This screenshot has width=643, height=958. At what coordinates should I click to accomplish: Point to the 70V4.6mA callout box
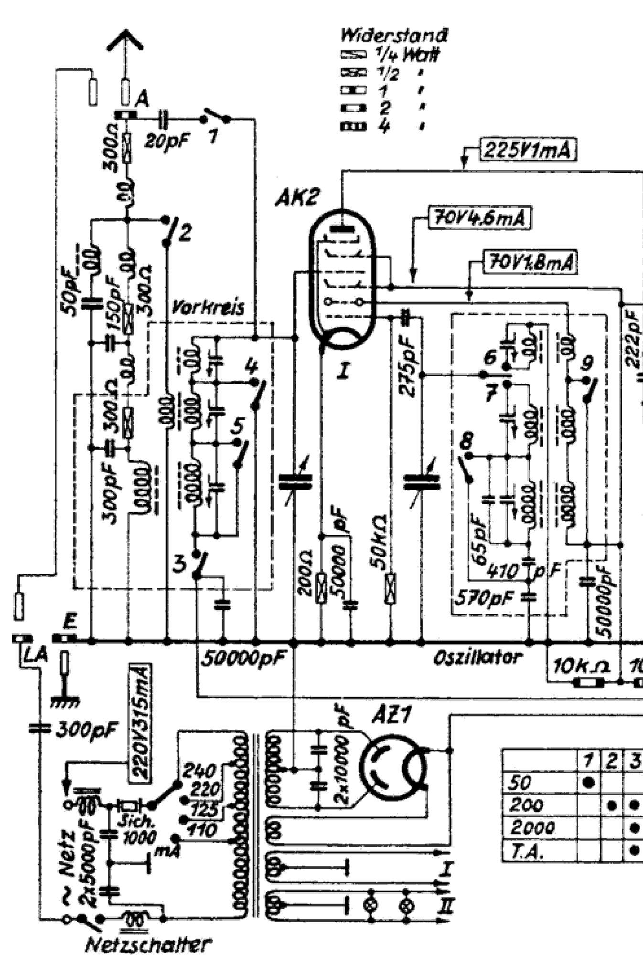479,219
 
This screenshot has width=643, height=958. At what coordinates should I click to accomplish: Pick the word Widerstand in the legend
394,35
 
